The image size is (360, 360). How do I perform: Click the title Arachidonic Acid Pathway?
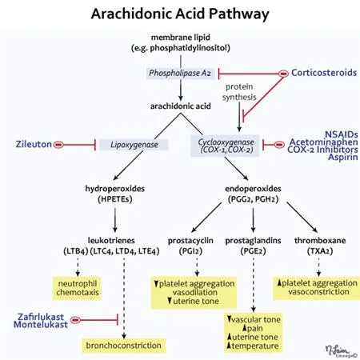click(x=179, y=14)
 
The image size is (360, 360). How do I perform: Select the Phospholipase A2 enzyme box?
click(x=179, y=74)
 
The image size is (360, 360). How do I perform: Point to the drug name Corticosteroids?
click(x=323, y=72)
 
